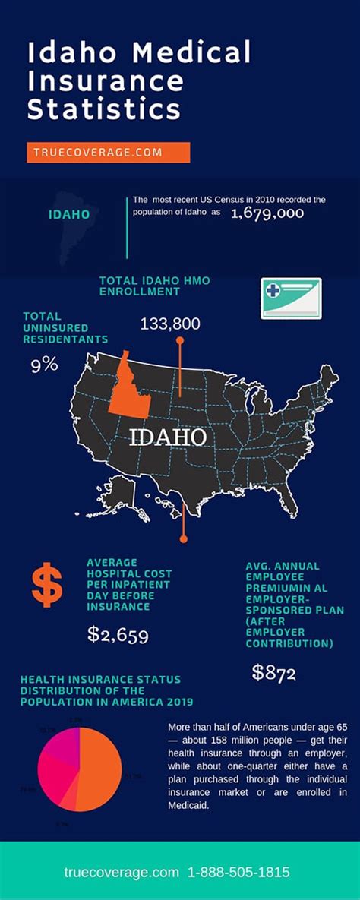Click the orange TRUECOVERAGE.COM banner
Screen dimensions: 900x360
coord(108,152)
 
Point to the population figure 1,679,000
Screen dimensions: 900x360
coord(267,213)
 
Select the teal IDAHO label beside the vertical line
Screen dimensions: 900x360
coord(69,215)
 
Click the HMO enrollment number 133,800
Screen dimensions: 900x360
coord(170,324)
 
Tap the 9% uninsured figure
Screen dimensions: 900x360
coord(44,365)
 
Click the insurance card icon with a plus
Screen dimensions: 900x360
coord(292,297)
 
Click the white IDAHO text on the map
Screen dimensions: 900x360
coord(168,438)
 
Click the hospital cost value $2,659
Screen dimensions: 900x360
coord(118,634)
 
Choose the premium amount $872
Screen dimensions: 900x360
coord(274,672)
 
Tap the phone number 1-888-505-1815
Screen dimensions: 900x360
coord(242,873)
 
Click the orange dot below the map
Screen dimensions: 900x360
coord(183,538)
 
